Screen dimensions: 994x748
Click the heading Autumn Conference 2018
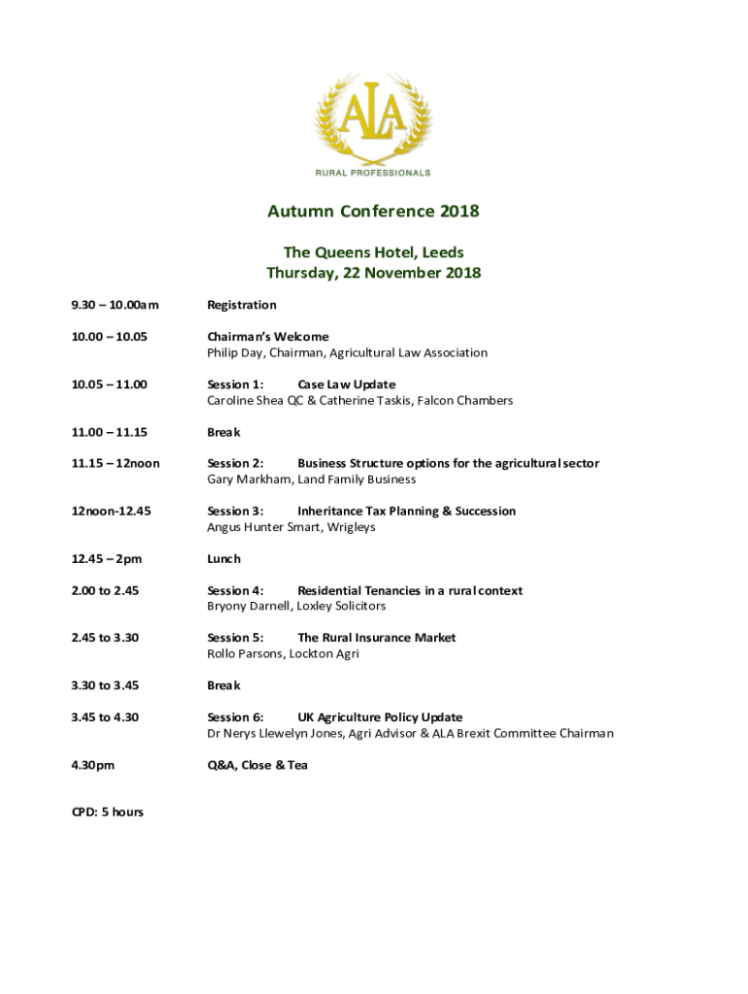373,212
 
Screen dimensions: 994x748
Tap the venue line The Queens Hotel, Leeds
373,252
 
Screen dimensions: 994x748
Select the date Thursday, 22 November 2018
373,273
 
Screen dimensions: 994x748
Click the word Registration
242,305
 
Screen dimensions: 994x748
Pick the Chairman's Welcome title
268,337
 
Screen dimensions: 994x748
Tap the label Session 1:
235,384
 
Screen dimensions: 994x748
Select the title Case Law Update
346,384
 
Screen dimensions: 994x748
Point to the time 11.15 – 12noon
115,463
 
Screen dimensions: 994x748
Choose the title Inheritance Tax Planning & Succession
406,511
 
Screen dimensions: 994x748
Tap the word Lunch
223,559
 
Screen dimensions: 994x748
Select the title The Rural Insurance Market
376,638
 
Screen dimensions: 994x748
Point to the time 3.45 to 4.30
105,717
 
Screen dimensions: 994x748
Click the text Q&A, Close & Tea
257,765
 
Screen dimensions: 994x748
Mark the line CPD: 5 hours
107,812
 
